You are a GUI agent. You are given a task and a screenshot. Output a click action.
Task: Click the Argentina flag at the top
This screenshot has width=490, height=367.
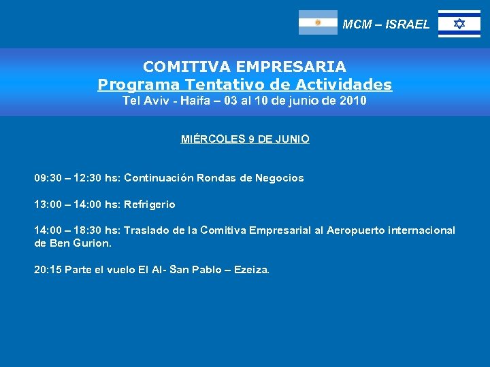(318, 22)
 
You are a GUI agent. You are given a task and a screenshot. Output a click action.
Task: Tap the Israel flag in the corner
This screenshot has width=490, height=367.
(459, 24)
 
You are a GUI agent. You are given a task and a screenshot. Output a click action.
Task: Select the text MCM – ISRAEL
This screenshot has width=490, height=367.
(386, 24)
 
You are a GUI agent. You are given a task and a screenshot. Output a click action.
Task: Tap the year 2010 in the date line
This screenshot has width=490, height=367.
(351, 101)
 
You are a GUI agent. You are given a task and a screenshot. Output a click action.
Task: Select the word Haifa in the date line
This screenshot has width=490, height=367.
(196, 101)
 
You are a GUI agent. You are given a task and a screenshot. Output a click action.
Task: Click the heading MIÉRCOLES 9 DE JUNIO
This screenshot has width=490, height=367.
(245, 139)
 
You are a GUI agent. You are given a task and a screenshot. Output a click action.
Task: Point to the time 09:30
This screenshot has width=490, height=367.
(48, 178)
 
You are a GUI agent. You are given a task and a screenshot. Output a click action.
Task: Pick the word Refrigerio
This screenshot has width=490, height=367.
(149, 204)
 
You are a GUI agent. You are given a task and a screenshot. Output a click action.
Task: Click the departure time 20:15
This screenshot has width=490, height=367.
(48, 270)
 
